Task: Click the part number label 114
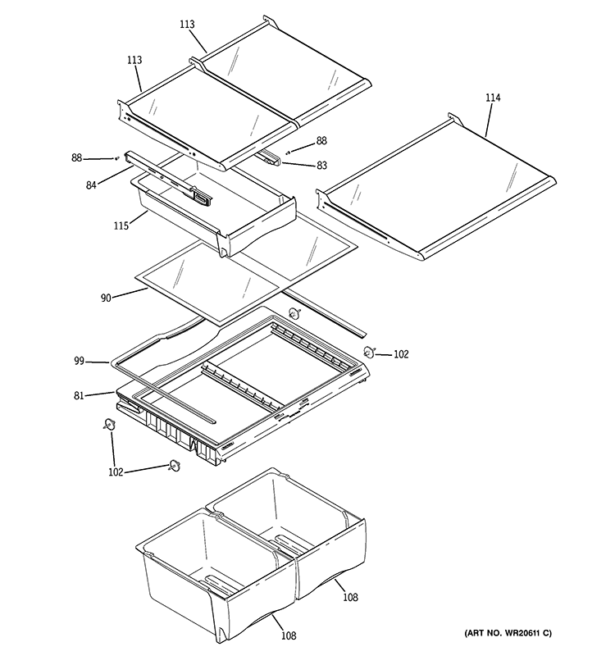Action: [x=492, y=98]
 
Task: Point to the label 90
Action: [x=106, y=299]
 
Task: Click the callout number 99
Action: [x=79, y=360]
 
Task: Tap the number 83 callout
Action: [x=321, y=166]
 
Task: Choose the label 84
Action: [x=92, y=185]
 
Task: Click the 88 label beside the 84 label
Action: [x=76, y=157]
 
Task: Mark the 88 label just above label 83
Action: [x=321, y=141]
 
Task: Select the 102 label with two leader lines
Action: [x=115, y=472]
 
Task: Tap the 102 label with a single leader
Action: [x=400, y=355]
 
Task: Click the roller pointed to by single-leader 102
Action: [x=369, y=353]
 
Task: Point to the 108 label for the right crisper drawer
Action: [x=351, y=598]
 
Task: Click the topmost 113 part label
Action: [x=187, y=25]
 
